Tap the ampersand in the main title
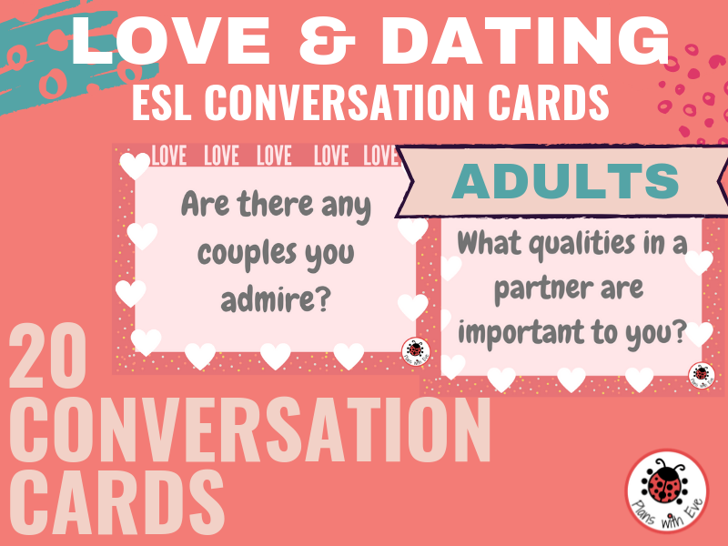(327, 41)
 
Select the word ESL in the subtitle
(162, 102)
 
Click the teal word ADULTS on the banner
(565, 181)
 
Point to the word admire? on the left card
(276, 299)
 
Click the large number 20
(48, 355)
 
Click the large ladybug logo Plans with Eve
(667, 490)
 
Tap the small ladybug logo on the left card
(416, 351)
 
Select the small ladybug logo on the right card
(702, 375)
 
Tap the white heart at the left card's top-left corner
(135, 166)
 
